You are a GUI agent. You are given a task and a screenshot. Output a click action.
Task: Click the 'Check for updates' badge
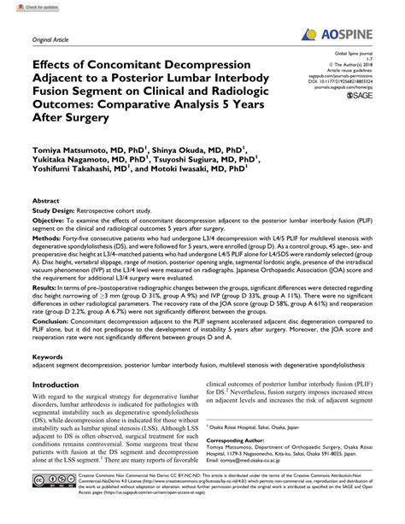26,8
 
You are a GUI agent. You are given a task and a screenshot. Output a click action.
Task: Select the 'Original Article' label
50,39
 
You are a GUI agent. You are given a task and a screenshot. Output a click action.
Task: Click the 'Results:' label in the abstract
46,289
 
